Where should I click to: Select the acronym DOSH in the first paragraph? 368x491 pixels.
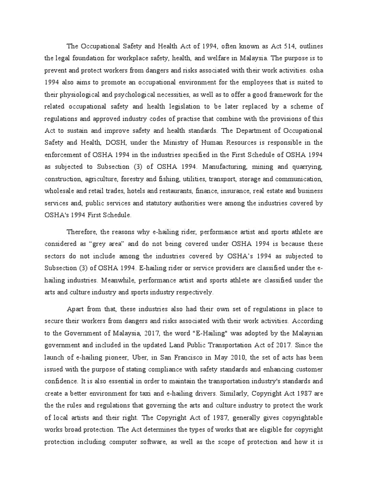(x=134, y=142)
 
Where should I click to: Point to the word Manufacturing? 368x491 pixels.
(x=224, y=166)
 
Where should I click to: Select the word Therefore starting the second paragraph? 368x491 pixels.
(x=82, y=232)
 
